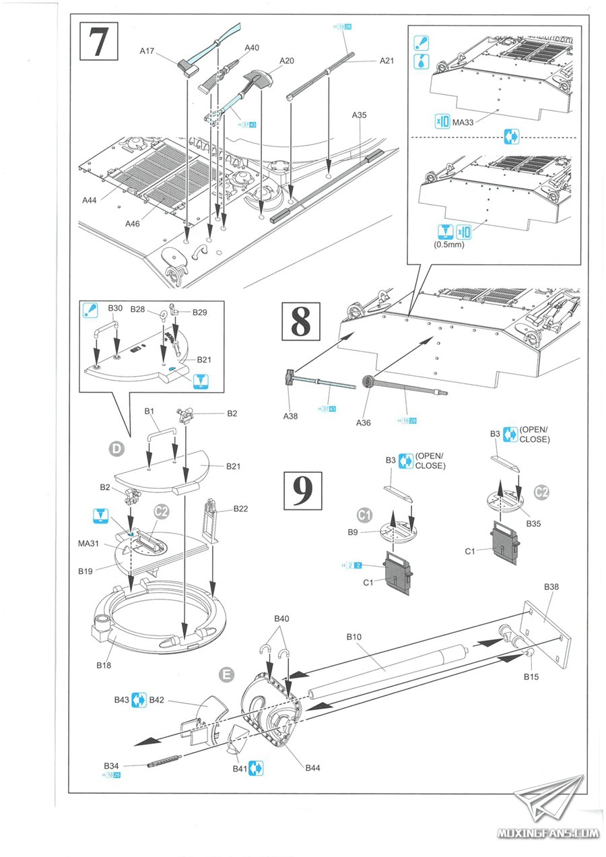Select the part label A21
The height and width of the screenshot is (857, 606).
coord(386,60)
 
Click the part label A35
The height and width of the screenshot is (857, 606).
coord(359,115)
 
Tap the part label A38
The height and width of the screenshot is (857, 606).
coord(292,416)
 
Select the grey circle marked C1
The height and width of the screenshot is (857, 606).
coord(364,515)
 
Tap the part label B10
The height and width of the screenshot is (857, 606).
coord(355,636)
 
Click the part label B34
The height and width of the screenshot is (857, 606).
coord(112,766)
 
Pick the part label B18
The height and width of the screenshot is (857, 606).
coord(103,665)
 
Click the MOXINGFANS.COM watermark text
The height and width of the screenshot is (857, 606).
coord(547,833)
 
